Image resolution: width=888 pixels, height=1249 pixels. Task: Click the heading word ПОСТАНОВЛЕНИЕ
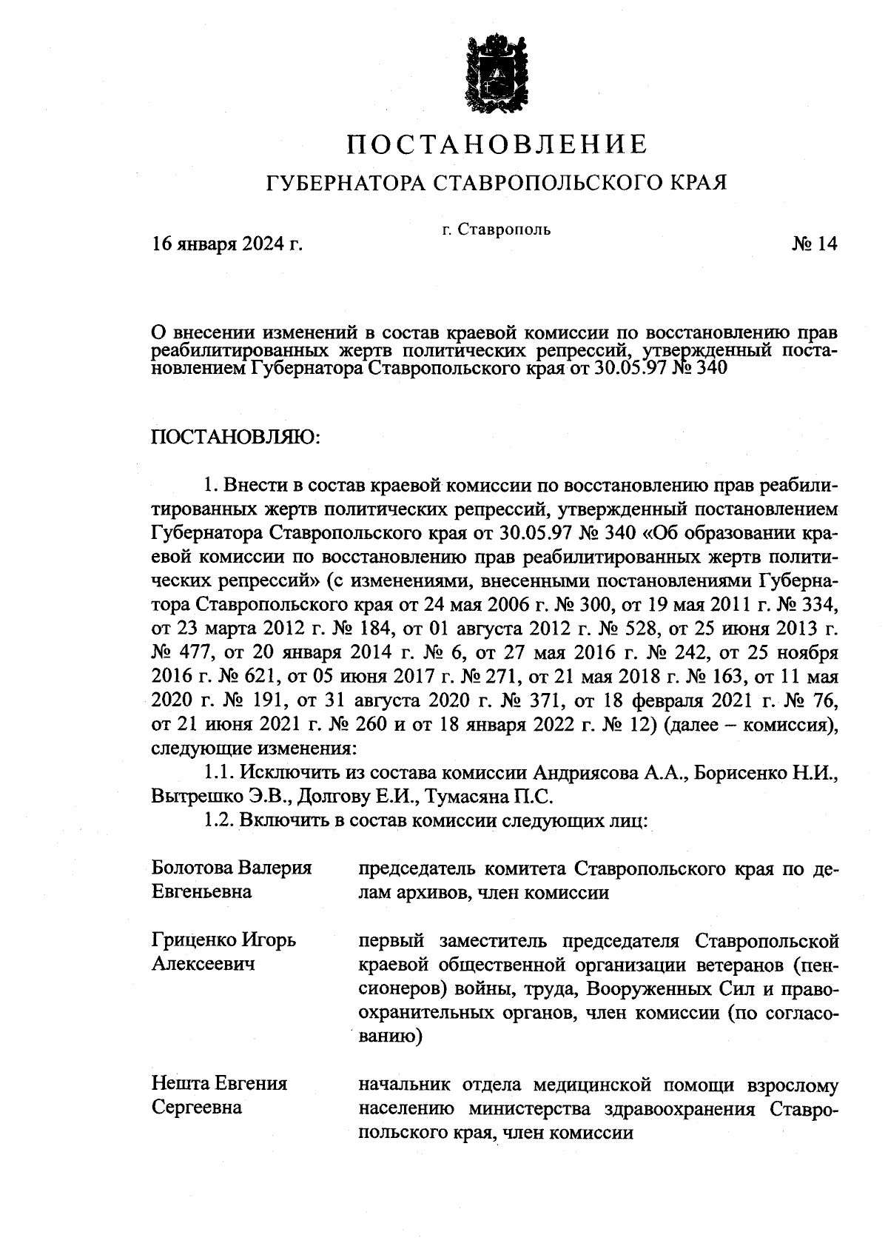tap(497, 143)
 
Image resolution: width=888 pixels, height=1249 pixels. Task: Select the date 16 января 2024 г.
tap(227, 244)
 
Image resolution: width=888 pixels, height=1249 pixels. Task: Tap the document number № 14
tap(813, 244)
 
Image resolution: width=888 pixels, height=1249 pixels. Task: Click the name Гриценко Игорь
tap(224, 940)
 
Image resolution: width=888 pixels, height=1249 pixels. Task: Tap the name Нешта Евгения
tap(219, 1084)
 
